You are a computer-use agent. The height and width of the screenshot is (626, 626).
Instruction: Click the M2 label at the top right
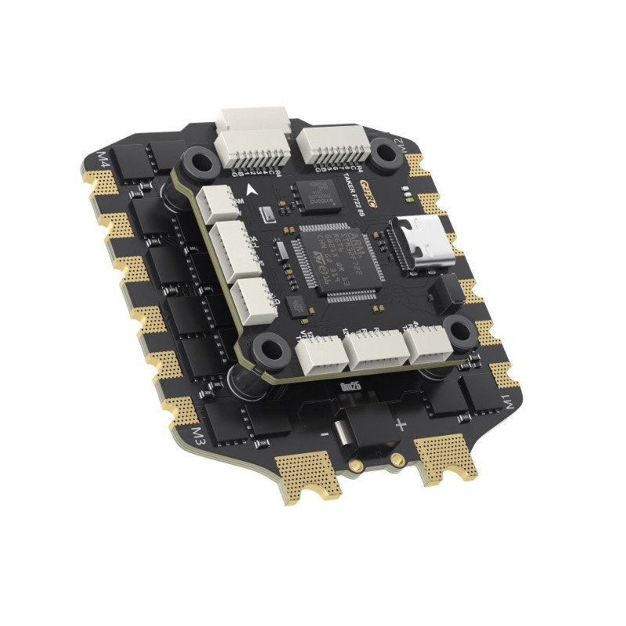pos(400,146)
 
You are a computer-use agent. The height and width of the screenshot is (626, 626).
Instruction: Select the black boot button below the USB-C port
pos(448,292)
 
